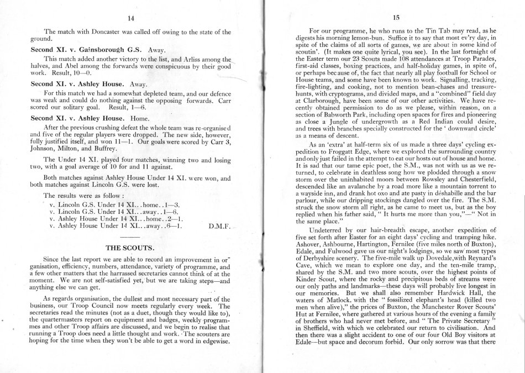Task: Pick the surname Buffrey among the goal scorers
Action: pyautogui.click(x=102, y=149)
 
